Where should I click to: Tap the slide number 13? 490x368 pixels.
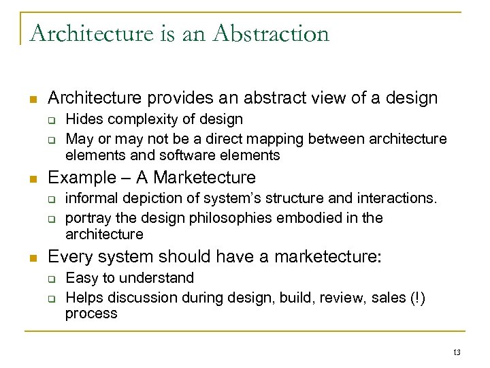pyautogui.click(x=457, y=352)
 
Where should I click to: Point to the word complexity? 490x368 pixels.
pyautogui.click(x=140, y=121)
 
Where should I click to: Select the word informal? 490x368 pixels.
pyautogui.click(x=91, y=200)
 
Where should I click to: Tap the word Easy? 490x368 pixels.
pyautogui.click(x=82, y=279)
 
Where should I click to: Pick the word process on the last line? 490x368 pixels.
pyautogui.click(x=91, y=313)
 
